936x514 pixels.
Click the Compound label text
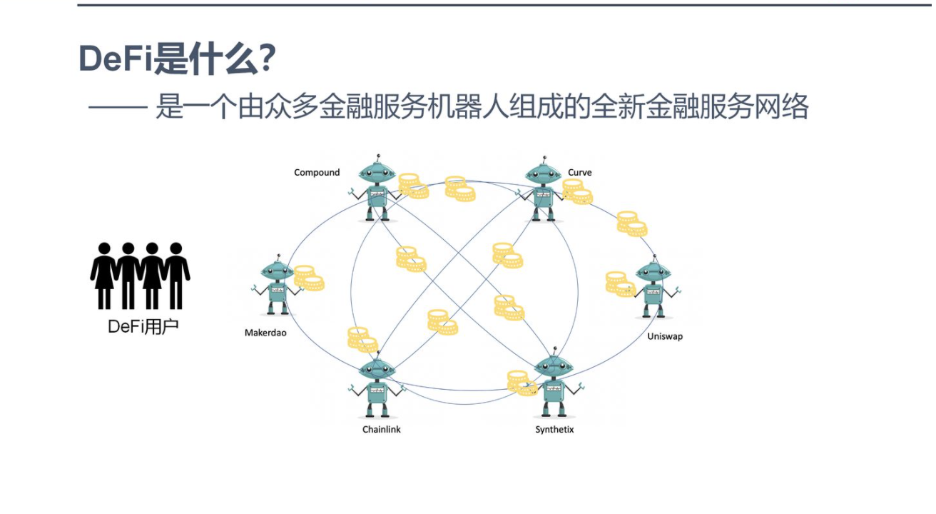tap(317, 173)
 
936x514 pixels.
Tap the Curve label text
tap(579, 173)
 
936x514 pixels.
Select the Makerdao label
tap(265, 333)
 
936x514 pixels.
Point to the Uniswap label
tap(665, 336)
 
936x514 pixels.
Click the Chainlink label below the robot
tap(382, 430)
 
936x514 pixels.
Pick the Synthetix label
tap(554, 430)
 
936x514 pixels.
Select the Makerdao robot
tap(278, 285)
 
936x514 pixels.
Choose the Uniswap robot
tap(653, 288)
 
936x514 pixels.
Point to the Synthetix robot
tap(554, 386)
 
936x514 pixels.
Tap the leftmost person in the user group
tap(104, 276)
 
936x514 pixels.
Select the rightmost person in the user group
tap(175, 276)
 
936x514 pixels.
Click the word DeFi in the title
tap(116, 59)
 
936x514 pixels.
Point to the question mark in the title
tap(267, 59)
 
